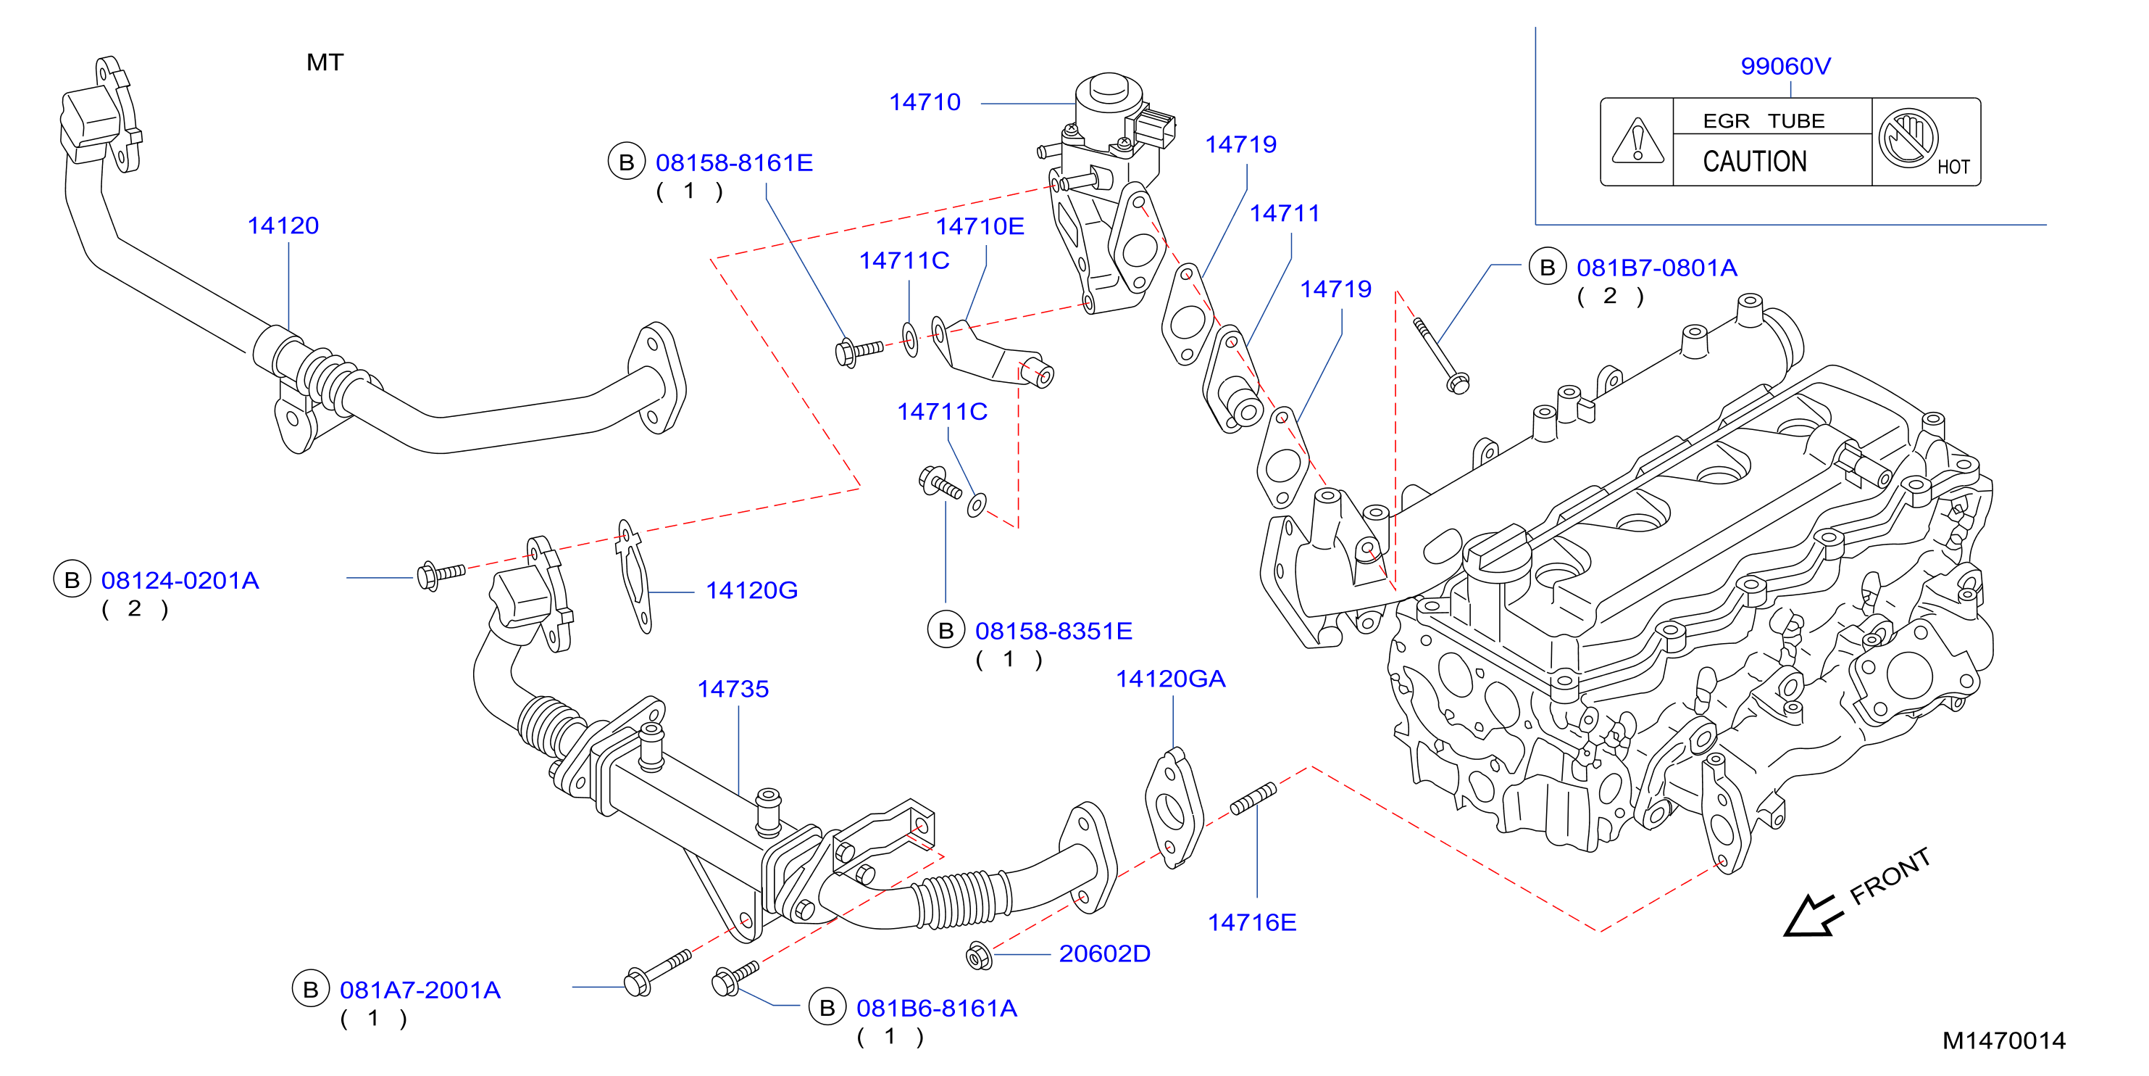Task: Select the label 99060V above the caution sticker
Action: [x=1785, y=66]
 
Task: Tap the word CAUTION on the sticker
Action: [x=1754, y=161]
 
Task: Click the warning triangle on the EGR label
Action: [x=1637, y=140]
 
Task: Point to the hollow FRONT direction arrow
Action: [x=1813, y=916]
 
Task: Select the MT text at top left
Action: [x=325, y=62]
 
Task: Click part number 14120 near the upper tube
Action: [x=283, y=225]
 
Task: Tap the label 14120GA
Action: [x=1170, y=679]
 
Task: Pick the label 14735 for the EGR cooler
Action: [x=733, y=689]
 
